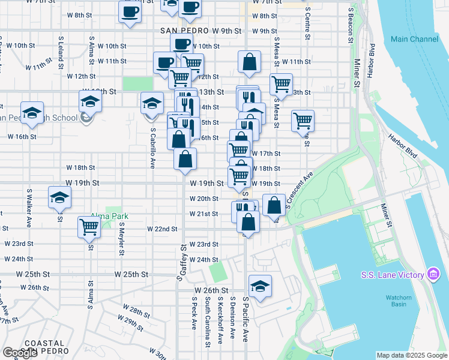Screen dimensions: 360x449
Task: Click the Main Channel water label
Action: pos(414,39)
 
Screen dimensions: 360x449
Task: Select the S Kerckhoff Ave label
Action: pos(220,320)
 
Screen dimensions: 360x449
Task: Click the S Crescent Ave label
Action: pos(300,193)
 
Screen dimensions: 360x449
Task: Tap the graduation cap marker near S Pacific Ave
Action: pos(260,286)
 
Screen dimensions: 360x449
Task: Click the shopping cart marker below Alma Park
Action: pos(89,227)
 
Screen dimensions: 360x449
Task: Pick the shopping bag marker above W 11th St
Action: pos(249,61)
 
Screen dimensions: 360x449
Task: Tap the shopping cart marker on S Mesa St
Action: pos(281,84)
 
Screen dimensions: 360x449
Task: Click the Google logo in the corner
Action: pos(20,353)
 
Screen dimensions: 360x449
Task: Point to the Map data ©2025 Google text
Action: pos(412,355)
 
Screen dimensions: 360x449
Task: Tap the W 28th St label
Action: pos(139,312)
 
